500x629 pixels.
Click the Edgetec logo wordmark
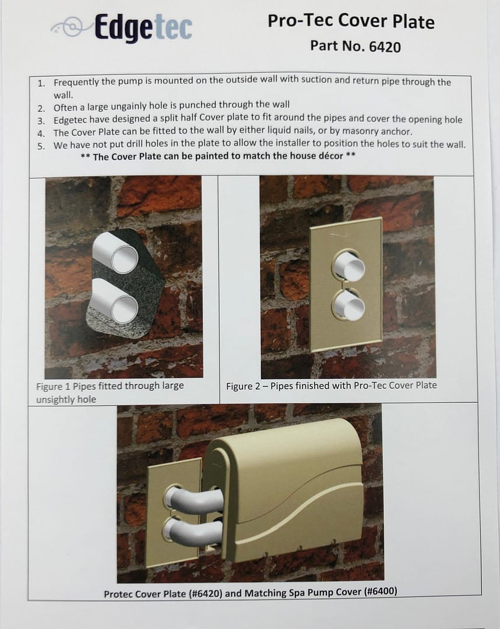[143, 27]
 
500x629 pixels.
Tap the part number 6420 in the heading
[385, 47]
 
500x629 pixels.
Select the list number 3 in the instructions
[41, 121]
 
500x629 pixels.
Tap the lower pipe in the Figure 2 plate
[349, 305]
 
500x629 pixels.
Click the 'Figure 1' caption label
[54, 386]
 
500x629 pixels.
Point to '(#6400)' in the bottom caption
[381, 591]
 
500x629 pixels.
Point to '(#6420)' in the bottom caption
[205, 593]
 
